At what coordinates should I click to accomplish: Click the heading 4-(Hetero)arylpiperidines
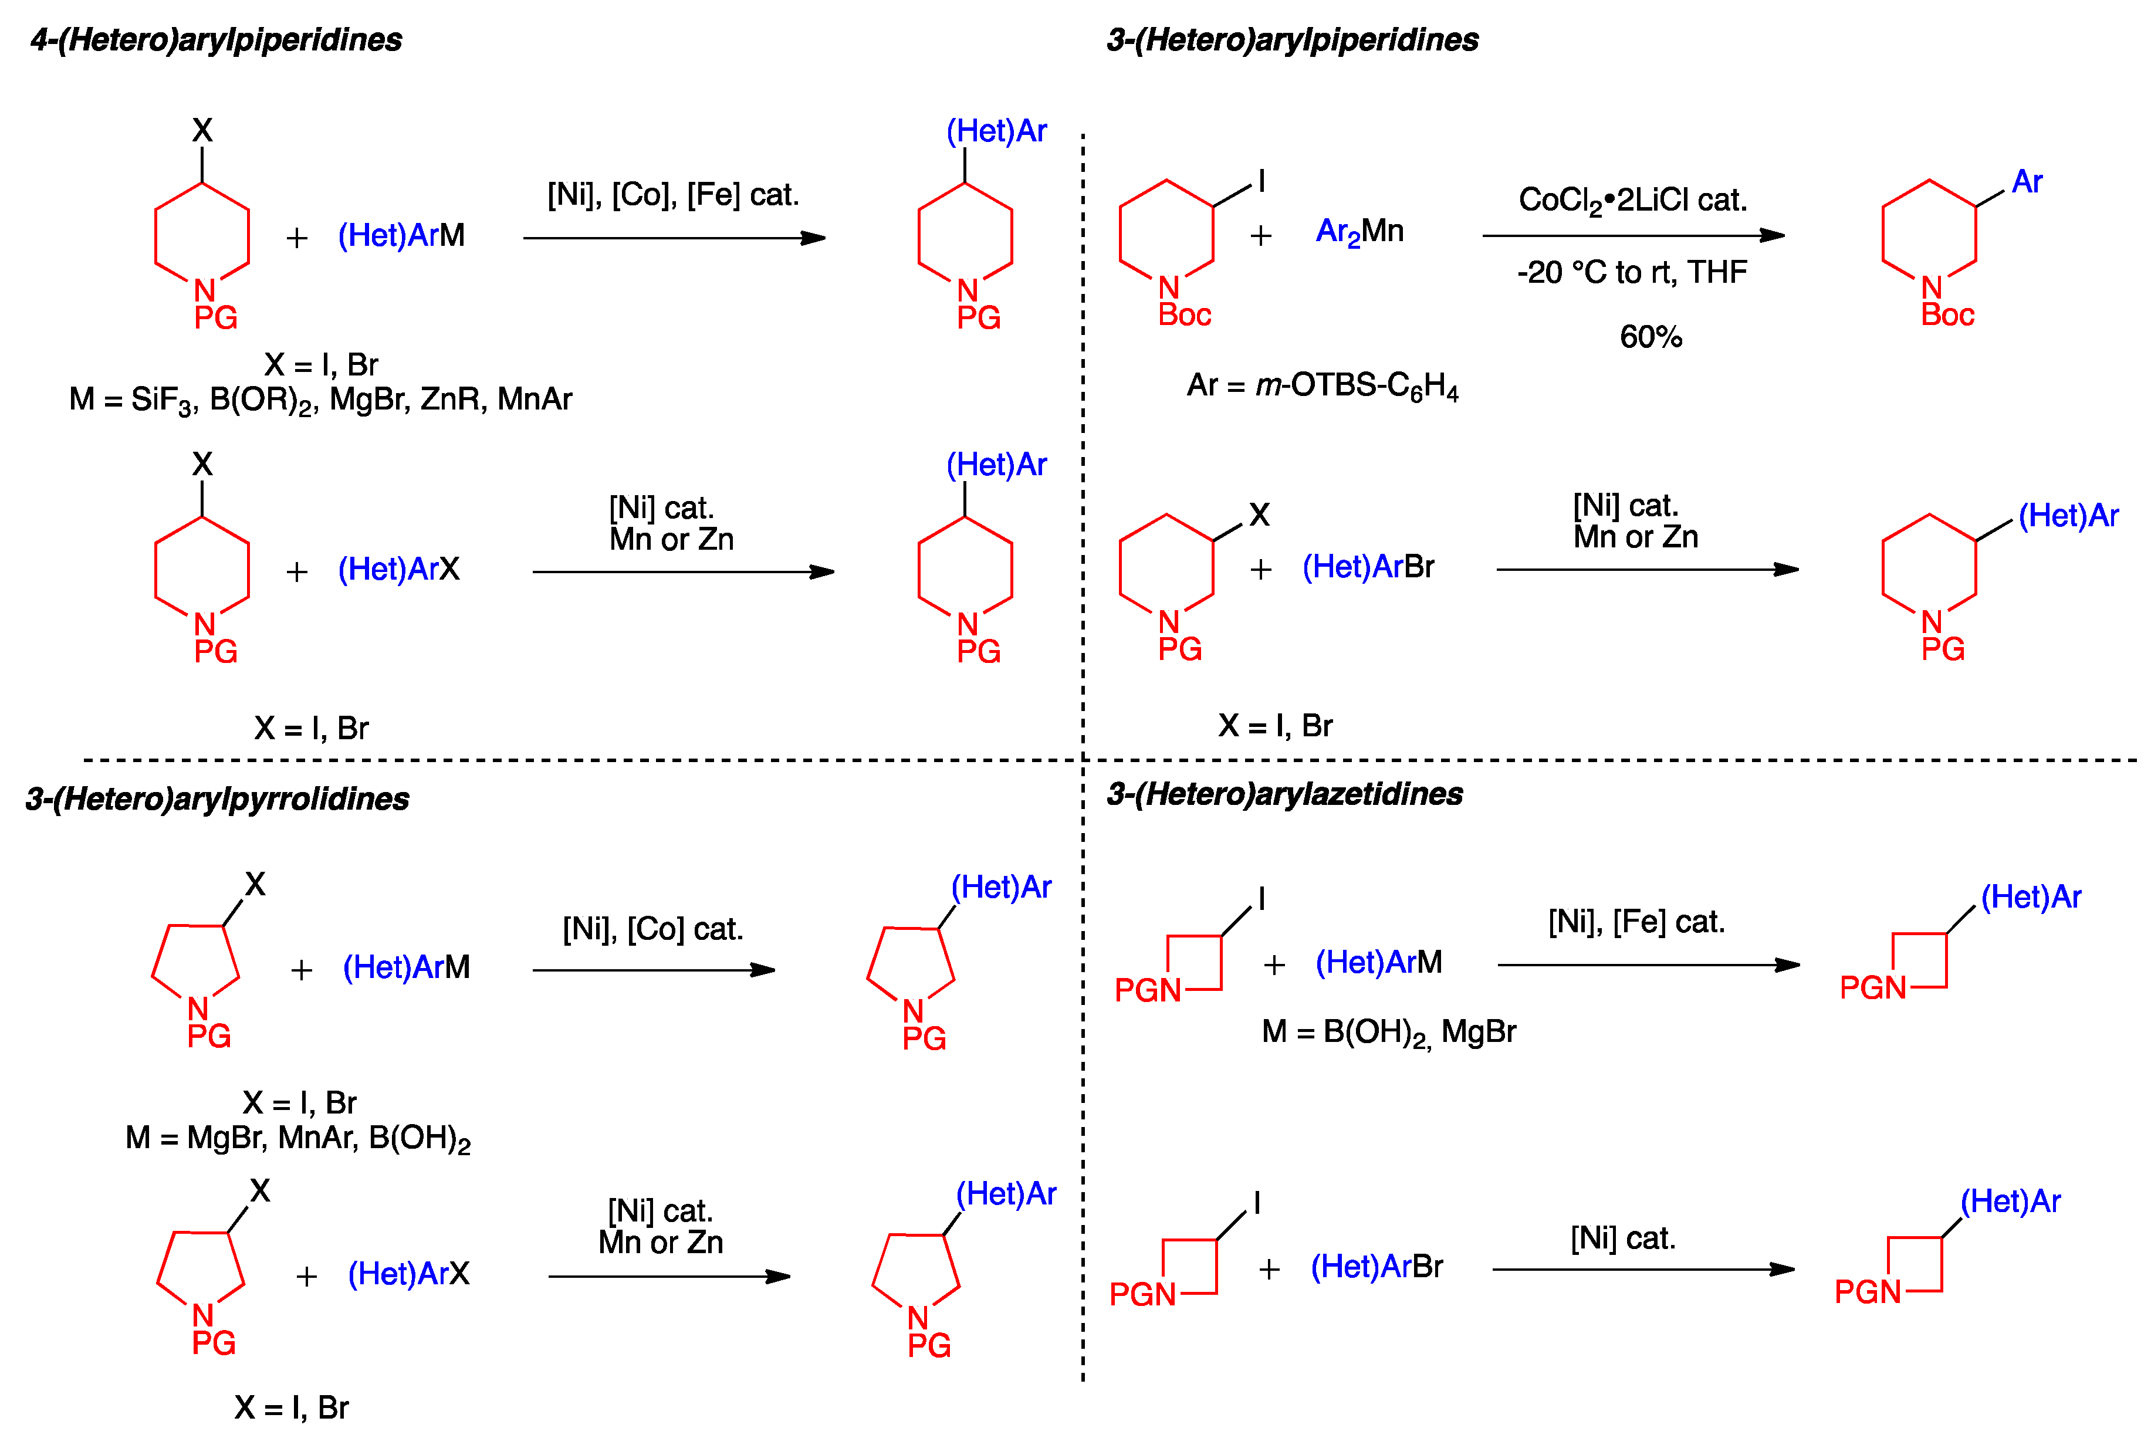pyautogui.click(x=216, y=40)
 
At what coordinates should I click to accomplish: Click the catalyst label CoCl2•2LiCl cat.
pyautogui.click(x=1632, y=200)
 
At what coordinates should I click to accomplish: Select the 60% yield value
pyautogui.click(x=1651, y=336)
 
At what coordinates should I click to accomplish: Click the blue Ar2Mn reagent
pyautogui.click(x=1359, y=231)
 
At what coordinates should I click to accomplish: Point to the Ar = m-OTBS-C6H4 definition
pyautogui.click(x=1323, y=385)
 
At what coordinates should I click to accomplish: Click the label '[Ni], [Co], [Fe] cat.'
pyautogui.click(x=673, y=194)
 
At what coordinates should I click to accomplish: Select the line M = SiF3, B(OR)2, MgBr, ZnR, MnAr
pyautogui.click(x=321, y=400)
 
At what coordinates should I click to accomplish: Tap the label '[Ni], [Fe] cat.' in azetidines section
pyautogui.click(x=1636, y=922)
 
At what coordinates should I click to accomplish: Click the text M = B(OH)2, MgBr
pyautogui.click(x=1388, y=1032)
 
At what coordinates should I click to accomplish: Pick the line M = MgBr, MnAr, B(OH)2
pyautogui.click(x=297, y=1139)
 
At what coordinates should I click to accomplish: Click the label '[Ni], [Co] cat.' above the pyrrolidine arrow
pyautogui.click(x=652, y=929)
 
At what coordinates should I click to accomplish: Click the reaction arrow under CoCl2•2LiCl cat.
pyautogui.click(x=1633, y=236)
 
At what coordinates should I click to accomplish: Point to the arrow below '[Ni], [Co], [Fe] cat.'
pyautogui.click(x=674, y=238)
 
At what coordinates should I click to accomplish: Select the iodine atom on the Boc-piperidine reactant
pyautogui.click(x=1261, y=181)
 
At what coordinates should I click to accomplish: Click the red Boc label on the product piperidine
pyautogui.click(x=1947, y=315)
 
